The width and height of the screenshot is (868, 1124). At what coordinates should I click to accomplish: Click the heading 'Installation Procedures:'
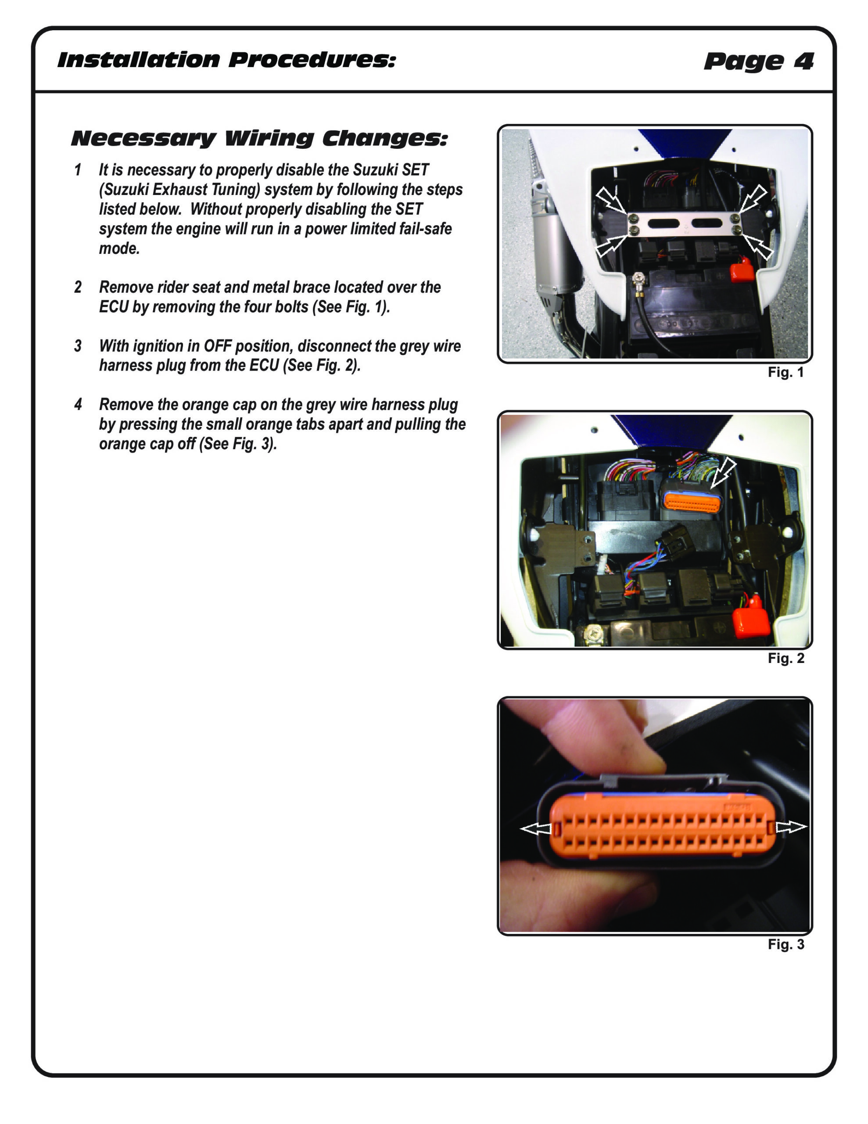coord(226,60)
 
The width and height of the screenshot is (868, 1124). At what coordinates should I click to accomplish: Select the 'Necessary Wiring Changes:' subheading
coord(259,138)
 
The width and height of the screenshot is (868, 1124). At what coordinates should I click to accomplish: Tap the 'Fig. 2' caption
coord(786,658)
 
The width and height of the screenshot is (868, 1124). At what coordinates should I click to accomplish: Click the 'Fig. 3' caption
coord(786,944)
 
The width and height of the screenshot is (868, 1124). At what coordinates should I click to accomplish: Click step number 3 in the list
coord(78,346)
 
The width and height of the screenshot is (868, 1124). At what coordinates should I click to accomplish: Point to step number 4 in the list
coord(78,404)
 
